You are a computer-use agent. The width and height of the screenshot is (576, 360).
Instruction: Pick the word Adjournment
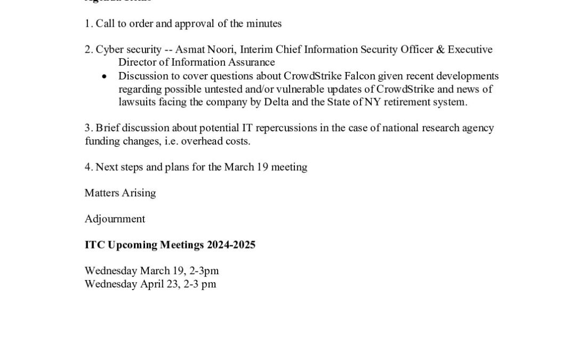[115, 219]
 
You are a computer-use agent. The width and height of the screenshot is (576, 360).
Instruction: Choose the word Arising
[139, 193]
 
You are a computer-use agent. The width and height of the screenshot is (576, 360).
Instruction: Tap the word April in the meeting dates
[155, 284]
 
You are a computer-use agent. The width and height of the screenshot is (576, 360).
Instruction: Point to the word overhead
[193, 141]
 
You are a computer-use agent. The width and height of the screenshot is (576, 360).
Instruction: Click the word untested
[236, 89]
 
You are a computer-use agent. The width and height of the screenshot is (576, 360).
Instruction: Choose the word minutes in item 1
[263, 23]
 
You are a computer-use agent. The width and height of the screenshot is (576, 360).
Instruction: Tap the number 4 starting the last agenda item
[87, 167]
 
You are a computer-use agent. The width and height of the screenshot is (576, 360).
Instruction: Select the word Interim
[257, 50]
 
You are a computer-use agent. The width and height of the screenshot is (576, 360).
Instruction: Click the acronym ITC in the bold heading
[95, 245]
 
